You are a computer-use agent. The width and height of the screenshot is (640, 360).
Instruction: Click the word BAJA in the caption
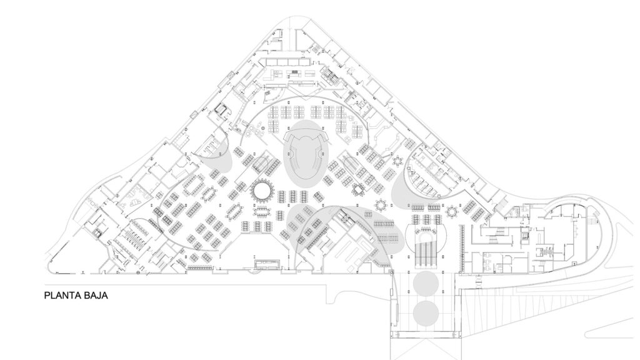coord(96,296)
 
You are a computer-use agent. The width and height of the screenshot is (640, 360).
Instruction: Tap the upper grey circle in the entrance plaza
coord(426,283)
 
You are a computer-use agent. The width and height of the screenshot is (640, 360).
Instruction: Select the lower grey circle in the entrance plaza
coord(426,313)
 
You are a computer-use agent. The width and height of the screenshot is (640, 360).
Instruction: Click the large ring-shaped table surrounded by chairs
coord(261,190)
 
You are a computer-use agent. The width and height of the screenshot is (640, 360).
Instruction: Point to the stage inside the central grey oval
coord(306,154)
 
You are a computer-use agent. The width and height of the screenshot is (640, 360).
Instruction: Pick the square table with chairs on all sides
coord(358,189)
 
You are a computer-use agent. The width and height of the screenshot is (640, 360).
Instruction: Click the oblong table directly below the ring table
coord(261,211)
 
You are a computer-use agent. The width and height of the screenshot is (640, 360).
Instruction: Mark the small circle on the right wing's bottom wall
coord(479,282)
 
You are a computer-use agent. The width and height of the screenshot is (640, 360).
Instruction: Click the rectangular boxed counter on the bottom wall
coord(267,264)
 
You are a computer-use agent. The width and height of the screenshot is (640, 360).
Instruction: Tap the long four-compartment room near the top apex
coord(287,62)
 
